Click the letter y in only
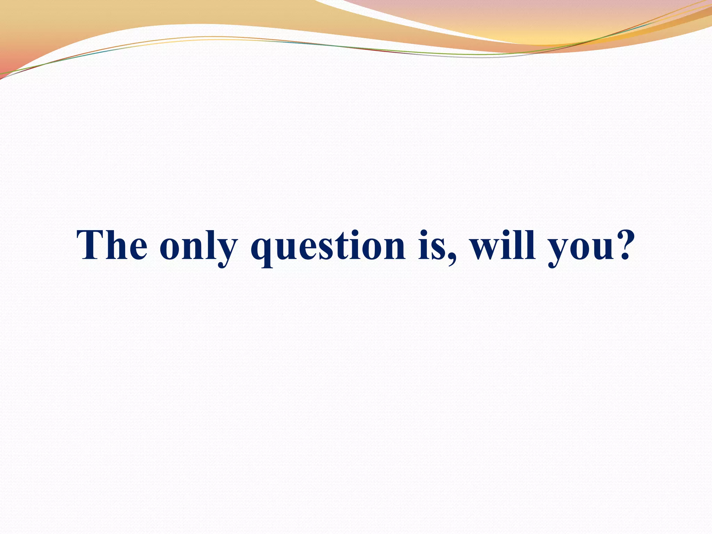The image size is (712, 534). point(226,252)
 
